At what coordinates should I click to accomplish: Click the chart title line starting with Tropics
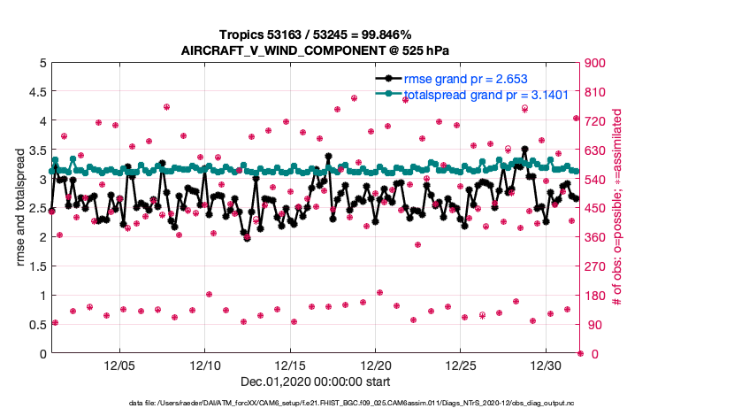click(x=316, y=35)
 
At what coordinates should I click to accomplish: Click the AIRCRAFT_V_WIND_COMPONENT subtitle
click(x=316, y=50)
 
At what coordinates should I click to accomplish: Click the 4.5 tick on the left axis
click(x=35, y=92)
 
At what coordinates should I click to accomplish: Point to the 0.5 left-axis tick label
click(x=35, y=325)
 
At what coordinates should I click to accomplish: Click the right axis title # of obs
click(x=616, y=209)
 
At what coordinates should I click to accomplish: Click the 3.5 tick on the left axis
click(x=35, y=150)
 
